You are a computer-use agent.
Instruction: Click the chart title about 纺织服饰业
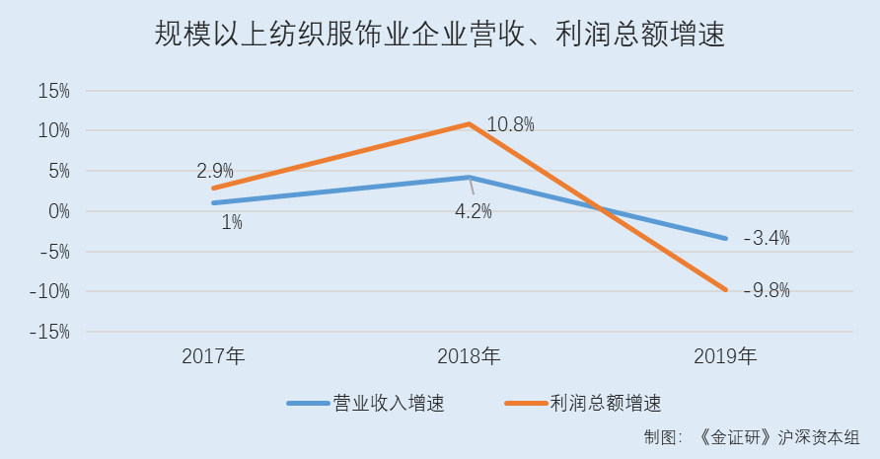[x=439, y=37]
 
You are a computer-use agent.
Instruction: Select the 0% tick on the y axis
[x=57, y=211]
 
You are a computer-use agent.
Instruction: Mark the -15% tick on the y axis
[x=49, y=332]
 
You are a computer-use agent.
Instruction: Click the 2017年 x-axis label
[x=212, y=356]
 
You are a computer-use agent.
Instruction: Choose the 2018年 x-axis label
[x=469, y=356]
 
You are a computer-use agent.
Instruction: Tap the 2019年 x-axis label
[x=725, y=356]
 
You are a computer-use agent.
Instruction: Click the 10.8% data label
[x=510, y=124]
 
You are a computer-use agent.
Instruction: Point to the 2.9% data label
[x=214, y=171]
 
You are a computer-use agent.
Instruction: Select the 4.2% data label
[x=473, y=211]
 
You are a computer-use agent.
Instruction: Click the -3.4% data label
[x=767, y=238]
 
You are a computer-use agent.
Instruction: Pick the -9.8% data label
[x=767, y=290]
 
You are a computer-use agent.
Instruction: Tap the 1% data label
[x=232, y=222]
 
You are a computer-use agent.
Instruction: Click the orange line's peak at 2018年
[x=469, y=123]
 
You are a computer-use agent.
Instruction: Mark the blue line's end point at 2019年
[x=726, y=238]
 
